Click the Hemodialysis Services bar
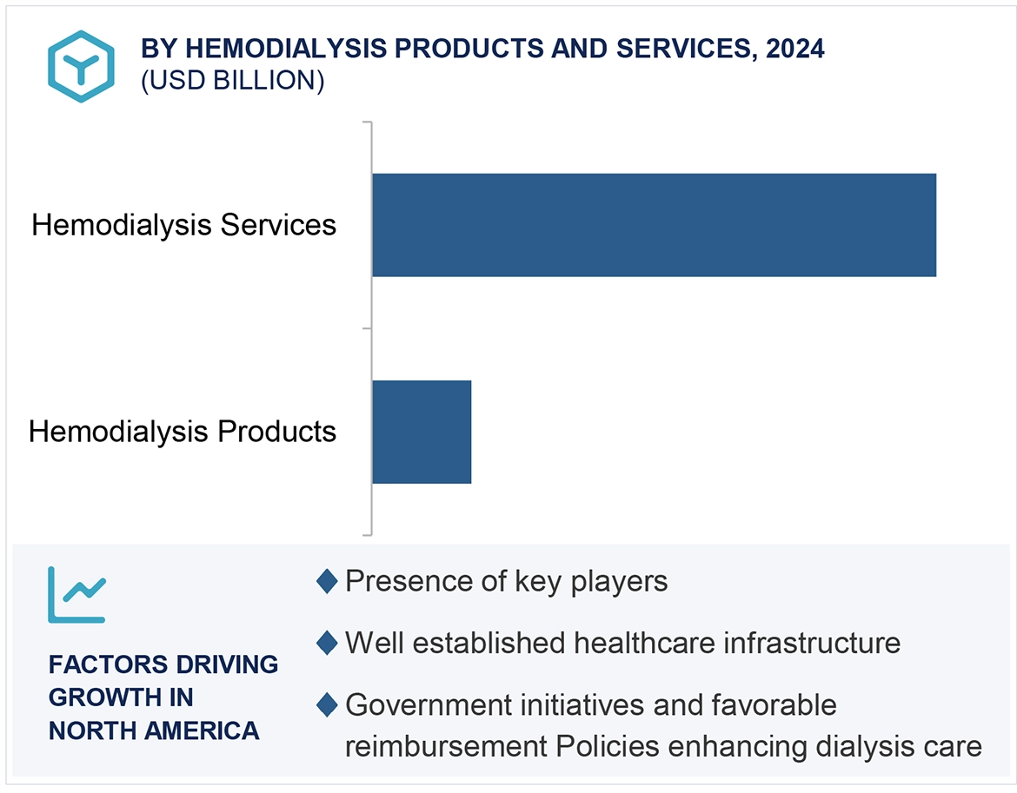coord(654,225)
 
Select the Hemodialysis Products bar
coord(422,432)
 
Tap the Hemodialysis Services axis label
coord(183,225)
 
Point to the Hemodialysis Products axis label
coord(183,431)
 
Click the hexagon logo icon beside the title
coord(81,66)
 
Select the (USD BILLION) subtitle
coord(232,81)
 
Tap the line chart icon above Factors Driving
coord(76,595)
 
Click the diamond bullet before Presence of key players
coord(327,581)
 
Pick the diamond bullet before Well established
coord(327,644)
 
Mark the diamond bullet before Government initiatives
coord(327,705)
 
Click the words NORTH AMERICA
coord(154,730)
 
